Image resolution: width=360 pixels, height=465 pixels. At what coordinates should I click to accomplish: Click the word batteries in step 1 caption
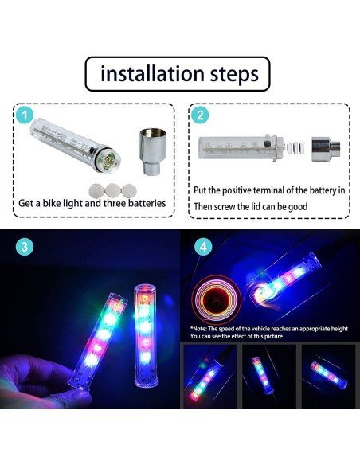[143, 203]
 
